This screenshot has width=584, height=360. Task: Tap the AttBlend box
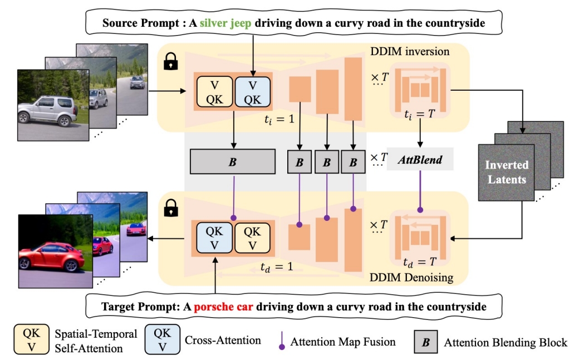pyautogui.click(x=420, y=160)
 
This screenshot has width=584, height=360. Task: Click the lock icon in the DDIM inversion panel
pyautogui.click(x=170, y=63)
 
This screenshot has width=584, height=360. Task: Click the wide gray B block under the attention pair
pyautogui.click(x=233, y=161)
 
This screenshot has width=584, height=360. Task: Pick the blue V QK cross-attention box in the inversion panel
pyautogui.click(x=253, y=92)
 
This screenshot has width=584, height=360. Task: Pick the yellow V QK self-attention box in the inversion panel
pyautogui.click(x=214, y=92)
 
